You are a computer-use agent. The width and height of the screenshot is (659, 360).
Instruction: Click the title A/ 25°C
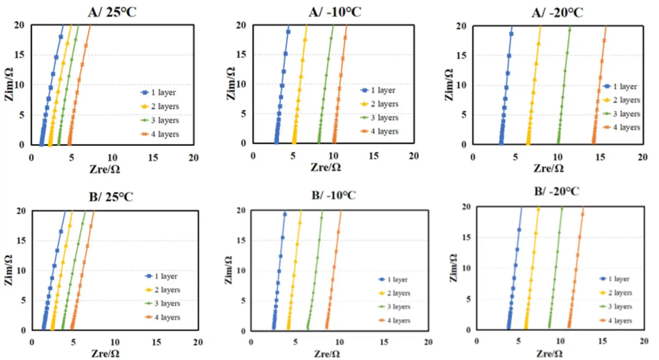tap(112, 12)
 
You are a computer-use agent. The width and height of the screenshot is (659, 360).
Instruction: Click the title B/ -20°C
tap(556, 191)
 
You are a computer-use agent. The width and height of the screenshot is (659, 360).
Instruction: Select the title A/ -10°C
tap(335, 12)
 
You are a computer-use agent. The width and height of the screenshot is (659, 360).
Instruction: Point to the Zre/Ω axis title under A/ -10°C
tap(326, 167)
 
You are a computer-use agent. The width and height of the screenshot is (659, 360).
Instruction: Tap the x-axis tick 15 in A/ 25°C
tap(153, 158)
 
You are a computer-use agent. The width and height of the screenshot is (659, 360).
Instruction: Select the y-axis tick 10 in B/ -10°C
tap(241, 270)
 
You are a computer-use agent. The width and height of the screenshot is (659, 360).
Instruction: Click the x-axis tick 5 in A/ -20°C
tap(515, 157)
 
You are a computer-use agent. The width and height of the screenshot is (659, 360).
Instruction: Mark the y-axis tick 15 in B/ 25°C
tap(21, 241)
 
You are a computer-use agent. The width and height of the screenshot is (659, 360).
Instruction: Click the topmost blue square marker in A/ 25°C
tap(61, 37)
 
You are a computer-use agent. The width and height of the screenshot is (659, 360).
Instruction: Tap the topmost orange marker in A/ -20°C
tap(604, 41)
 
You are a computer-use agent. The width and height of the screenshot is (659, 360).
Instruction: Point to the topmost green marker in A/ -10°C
tap(331, 38)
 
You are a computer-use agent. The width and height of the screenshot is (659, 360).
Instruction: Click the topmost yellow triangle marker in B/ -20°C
tap(538, 209)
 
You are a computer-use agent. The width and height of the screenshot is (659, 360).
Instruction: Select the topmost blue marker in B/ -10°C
tap(285, 214)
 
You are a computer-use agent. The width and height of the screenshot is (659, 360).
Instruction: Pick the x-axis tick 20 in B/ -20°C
tap(644, 341)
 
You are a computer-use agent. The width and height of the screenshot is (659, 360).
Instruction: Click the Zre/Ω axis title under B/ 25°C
tap(105, 353)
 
